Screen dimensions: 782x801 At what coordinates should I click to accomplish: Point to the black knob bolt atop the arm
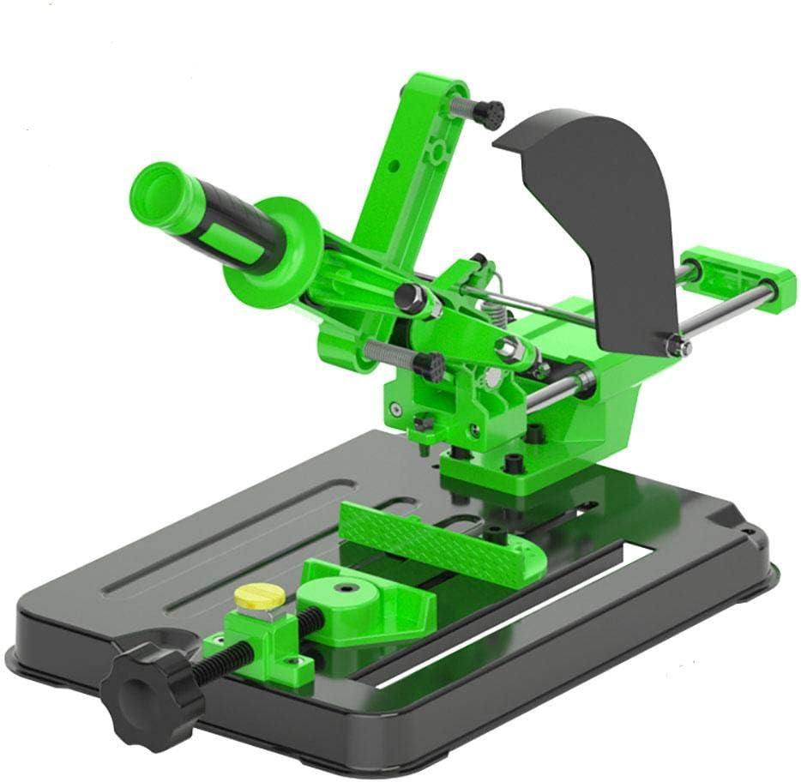tap(489, 112)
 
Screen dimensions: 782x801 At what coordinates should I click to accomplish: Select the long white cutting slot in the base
tap(515, 617)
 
